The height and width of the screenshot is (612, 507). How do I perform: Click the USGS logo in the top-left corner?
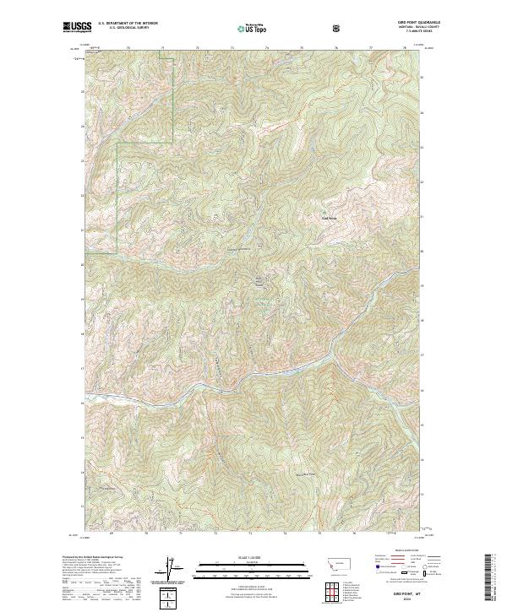pyautogui.click(x=78, y=28)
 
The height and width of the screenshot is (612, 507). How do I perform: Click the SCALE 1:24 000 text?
pyautogui.click(x=253, y=556)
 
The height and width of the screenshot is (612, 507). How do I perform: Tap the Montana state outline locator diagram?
pyautogui.click(x=333, y=562)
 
